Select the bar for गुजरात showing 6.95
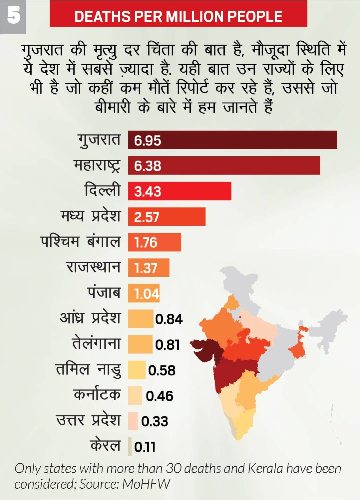click(x=233, y=140)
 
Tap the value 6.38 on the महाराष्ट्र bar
click(x=148, y=166)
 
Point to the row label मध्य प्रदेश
click(x=90, y=216)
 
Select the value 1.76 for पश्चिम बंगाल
click(x=146, y=243)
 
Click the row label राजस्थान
click(x=93, y=267)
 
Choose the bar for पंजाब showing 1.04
click(x=144, y=293)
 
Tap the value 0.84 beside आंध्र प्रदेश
click(x=169, y=319)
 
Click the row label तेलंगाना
click(x=96, y=344)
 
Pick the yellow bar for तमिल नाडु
click(x=137, y=370)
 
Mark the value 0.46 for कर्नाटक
click(x=160, y=396)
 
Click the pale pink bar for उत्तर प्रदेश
click(x=133, y=421)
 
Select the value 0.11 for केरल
click(x=145, y=447)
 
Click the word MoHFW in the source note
click(x=146, y=484)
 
